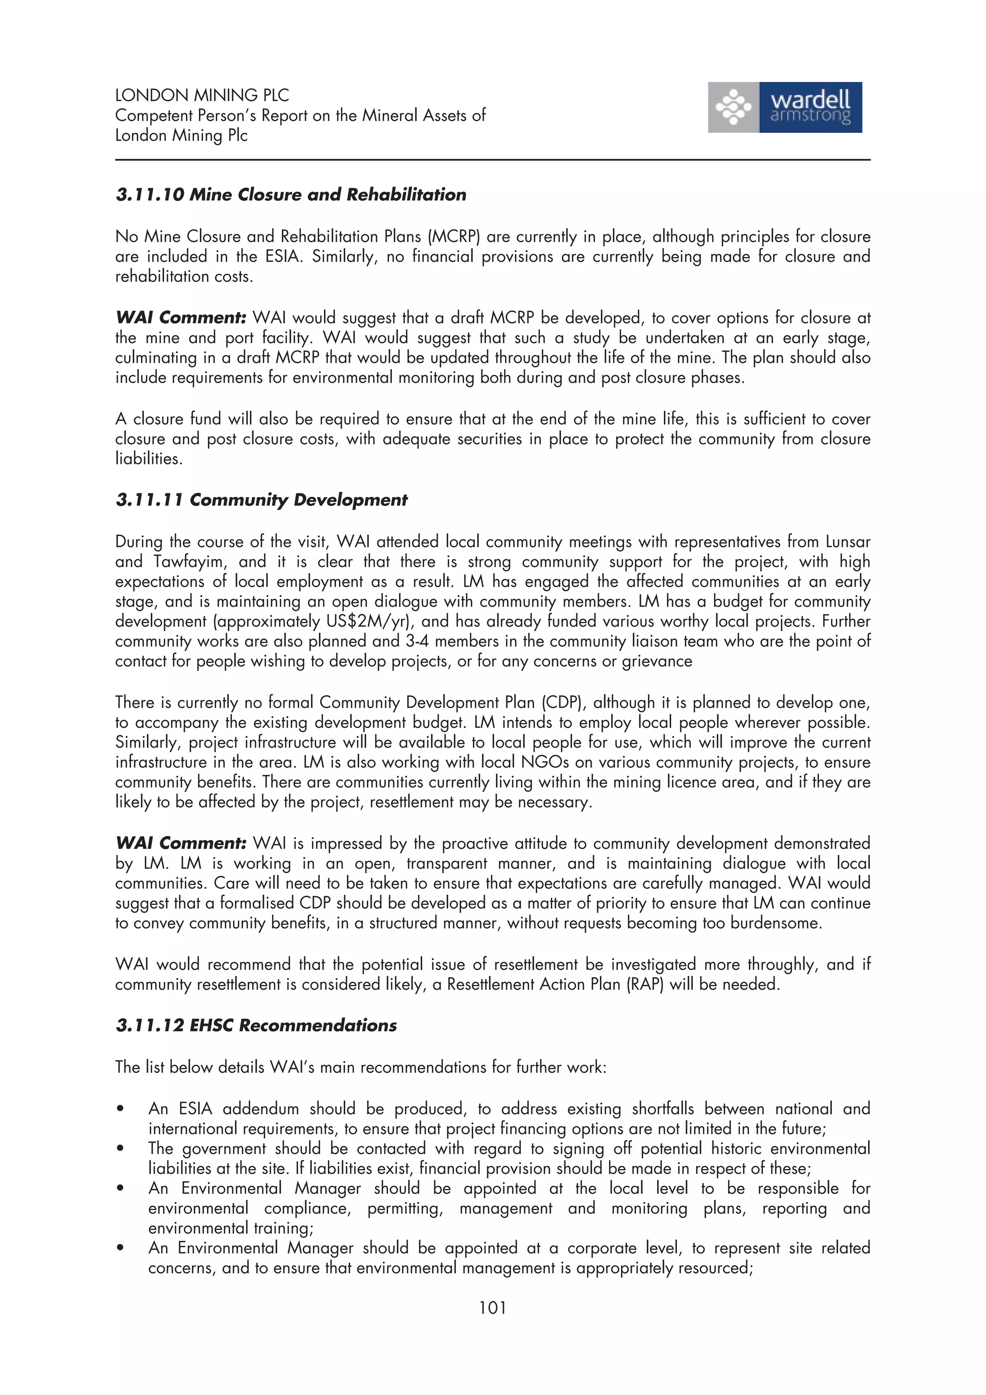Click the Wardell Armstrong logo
coord(784,107)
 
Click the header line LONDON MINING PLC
coord(202,95)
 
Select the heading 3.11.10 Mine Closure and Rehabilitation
coord(290,194)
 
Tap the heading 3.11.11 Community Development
coord(261,500)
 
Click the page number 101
coord(492,1307)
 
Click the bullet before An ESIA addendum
coord(121,1109)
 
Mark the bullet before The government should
coord(121,1149)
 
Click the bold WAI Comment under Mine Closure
coord(181,318)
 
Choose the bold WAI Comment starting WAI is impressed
coord(181,843)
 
